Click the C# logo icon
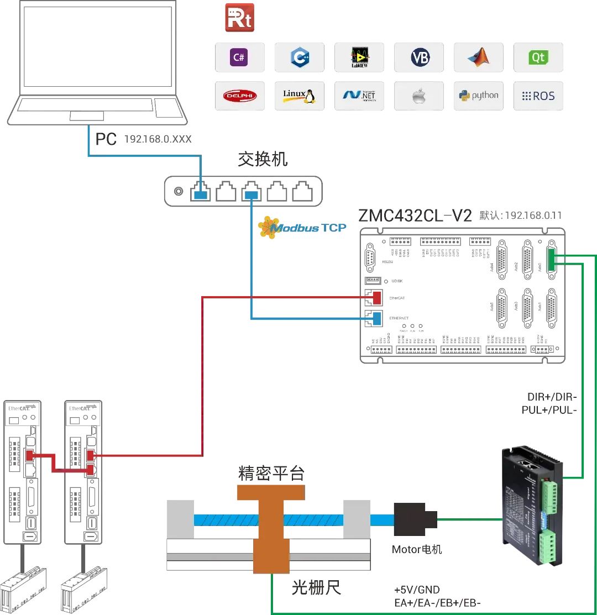pyautogui.click(x=239, y=57)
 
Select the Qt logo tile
pyautogui.click(x=538, y=57)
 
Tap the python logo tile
pyautogui.click(x=478, y=96)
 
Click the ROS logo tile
pyautogui.click(x=538, y=96)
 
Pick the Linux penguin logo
pyautogui.click(x=298, y=96)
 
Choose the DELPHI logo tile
pyautogui.click(x=239, y=96)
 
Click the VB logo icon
pyautogui.click(x=418, y=57)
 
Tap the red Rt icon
pyautogui.click(x=239, y=17)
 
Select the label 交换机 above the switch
pyautogui.click(x=263, y=160)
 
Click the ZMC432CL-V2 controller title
pyautogui.click(x=415, y=215)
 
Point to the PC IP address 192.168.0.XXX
pyautogui.click(x=158, y=139)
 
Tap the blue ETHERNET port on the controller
pyautogui.click(x=377, y=318)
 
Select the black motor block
pyautogui.click(x=415, y=519)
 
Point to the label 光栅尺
pyautogui.click(x=316, y=587)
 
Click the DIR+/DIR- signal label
pyautogui.click(x=552, y=397)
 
